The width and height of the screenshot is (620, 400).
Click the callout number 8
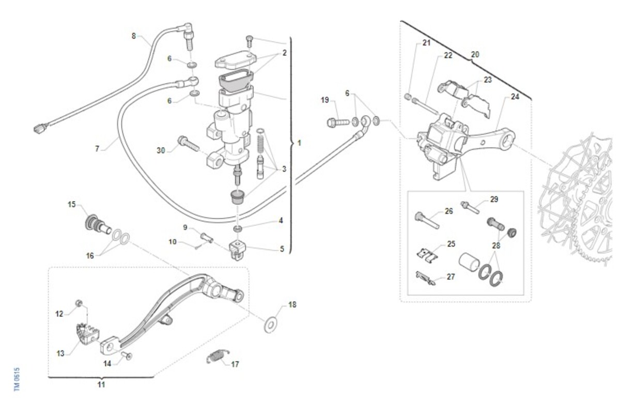(x=134, y=36)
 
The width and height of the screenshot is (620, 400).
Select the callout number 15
(x=72, y=205)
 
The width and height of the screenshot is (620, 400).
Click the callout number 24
(x=515, y=97)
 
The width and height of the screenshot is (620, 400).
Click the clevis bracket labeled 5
(x=237, y=249)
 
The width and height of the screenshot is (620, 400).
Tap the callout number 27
(x=451, y=277)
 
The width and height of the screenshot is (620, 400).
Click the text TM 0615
(x=17, y=380)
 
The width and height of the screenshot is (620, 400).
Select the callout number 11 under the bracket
(x=101, y=384)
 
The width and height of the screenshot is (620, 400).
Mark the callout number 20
(x=475, y=54)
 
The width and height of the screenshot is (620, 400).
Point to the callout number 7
(x=97, y=148)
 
